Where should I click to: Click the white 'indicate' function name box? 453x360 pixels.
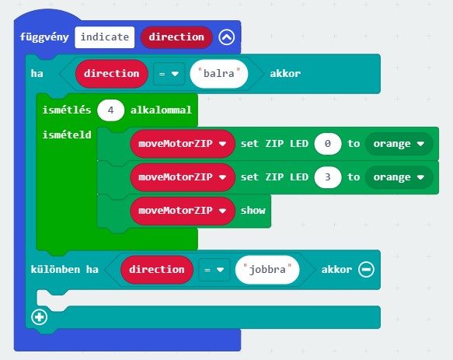click(x=105, y=37)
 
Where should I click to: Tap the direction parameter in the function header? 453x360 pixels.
click(x=176, y=37)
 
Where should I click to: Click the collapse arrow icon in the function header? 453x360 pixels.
click(x=227, y=37)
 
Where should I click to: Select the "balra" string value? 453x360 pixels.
click(x=218, y=73)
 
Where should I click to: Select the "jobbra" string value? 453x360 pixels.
click(x=267, y=270)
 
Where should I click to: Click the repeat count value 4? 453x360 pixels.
click(x=110, y=110)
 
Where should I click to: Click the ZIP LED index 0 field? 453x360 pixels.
click(x=328, y=143)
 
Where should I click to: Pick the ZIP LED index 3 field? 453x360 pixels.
click(x=328, y=177)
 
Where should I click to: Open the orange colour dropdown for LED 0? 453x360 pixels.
click(x=399, y=143)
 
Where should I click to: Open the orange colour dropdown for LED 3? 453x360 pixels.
click(x=399, y=177)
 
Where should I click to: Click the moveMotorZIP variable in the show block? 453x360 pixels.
click(x=183, y=211)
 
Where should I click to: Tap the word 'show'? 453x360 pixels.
click(x=253, y=211)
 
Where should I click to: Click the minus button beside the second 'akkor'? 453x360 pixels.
click(x=366, y=270)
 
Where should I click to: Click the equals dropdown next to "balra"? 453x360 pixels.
click(x=169, y=74)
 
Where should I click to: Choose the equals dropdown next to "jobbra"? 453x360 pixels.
click(x=214, y=270)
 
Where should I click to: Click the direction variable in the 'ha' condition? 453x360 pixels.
click(x=112, y=73)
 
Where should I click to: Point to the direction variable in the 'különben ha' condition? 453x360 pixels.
click(x=157, y=270)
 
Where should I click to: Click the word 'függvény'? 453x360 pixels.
click(x=44, y=37)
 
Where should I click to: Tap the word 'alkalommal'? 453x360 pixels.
click(x=161, y=110)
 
